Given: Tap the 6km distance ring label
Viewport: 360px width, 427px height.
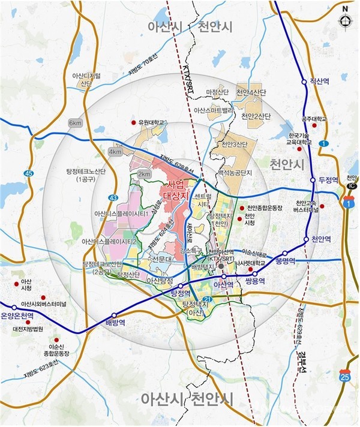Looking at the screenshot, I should point(75,123).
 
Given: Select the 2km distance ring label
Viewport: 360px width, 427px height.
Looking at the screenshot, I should point(144,174).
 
